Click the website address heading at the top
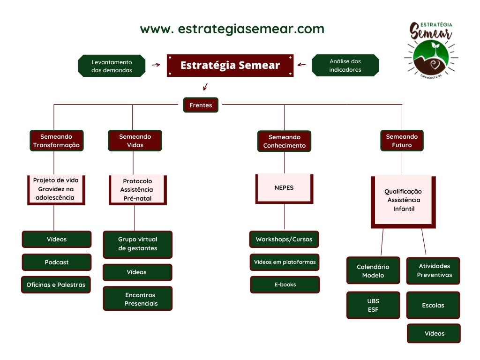coord(232,29)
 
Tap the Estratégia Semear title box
coord(230,66)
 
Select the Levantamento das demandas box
coord(112,66)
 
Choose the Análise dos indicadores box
coord(345,65)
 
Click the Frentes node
coord(201,105)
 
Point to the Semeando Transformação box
coord(57,141)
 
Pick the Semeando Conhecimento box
coord(285,141)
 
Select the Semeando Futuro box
coord(402,141)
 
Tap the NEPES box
coord(285,188)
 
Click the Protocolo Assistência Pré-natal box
coord(138,190)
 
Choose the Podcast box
coord(57,262)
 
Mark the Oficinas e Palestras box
coord(56,285)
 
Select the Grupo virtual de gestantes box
coord(138,244)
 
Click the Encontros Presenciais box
coord(138,299)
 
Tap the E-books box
coord(285,285)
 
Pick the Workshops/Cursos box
coord(284,240)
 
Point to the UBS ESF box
coord(373,305)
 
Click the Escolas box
coord(433,305)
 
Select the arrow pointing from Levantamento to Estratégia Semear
coord(156,65)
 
